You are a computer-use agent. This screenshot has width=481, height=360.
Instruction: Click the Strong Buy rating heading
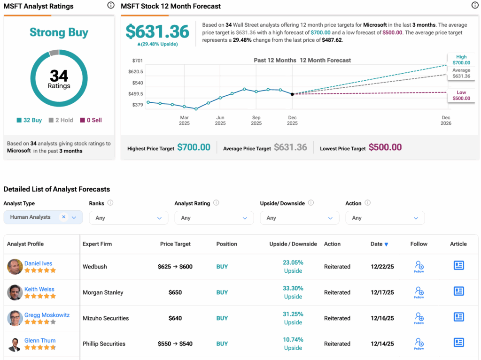pos(59,32)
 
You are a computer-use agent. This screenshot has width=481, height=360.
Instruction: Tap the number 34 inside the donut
pos(59,75)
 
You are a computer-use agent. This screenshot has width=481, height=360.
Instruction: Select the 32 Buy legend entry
pos(29,120)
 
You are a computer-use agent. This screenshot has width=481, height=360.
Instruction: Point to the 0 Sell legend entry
pos(91,120)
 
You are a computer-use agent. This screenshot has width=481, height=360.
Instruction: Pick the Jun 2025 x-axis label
pos(220,120)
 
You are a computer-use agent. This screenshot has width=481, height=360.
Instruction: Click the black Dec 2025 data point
pos(292,94)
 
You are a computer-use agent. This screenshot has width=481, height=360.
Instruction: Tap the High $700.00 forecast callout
pos(460,60)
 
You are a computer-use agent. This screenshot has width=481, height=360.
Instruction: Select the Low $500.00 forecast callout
pos(461,95)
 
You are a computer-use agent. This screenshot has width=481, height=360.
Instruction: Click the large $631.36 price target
pos(157,31)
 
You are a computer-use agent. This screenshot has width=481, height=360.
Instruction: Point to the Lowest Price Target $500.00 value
pos(385,147)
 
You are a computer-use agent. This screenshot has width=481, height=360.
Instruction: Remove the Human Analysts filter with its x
pos(63,217)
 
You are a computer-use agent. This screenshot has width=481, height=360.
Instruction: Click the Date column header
pos(379,244)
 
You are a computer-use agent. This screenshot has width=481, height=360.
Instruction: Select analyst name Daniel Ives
pos(39,263)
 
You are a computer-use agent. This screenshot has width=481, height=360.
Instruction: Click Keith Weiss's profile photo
pos(15,292)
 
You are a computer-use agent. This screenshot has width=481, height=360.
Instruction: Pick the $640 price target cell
pos(175,318)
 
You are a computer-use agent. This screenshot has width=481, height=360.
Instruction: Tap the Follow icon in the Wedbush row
pos(419,267)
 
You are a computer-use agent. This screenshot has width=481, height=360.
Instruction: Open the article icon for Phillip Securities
pos(458,343)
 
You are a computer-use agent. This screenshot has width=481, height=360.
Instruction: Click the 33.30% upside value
pos(293,288)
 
